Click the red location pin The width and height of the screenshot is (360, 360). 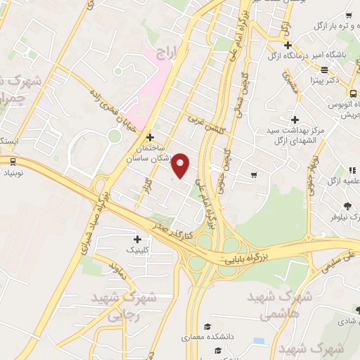pos(181,165)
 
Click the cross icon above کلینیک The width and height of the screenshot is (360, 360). pos(137,239)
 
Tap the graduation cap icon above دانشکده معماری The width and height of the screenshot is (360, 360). pos(208,326)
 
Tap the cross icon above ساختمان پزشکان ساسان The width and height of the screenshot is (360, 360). pos(149,136)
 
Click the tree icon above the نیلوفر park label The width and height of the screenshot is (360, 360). pos(347,207)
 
